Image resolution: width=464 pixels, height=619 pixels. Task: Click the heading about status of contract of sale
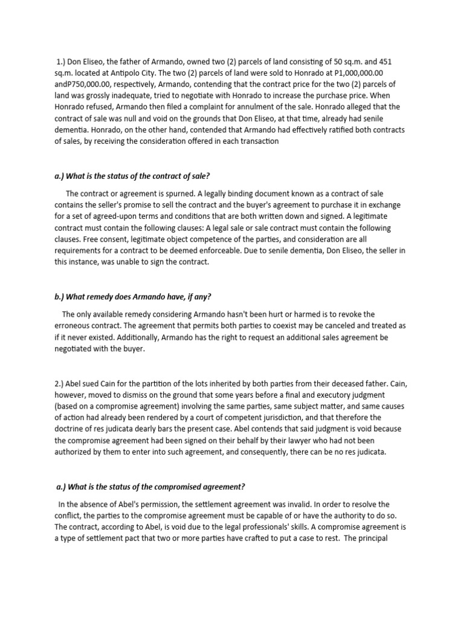132,176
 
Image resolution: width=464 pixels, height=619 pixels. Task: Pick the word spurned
180,193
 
